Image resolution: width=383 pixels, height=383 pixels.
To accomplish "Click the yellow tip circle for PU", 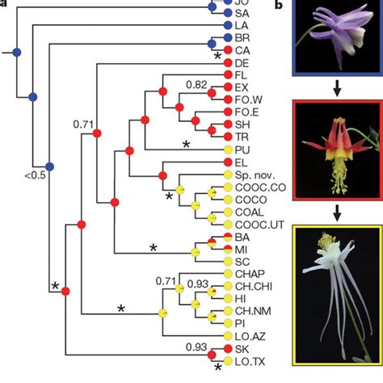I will coord(229,150).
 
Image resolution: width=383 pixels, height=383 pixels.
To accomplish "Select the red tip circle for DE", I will coord(229,62).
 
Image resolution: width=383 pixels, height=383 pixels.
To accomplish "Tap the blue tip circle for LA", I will coord(229,26).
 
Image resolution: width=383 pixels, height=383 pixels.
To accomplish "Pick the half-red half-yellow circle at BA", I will coord(229,237).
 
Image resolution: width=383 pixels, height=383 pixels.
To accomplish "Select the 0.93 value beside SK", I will coord(196,347).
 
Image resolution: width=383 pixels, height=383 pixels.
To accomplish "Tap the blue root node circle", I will coord(16,53).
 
